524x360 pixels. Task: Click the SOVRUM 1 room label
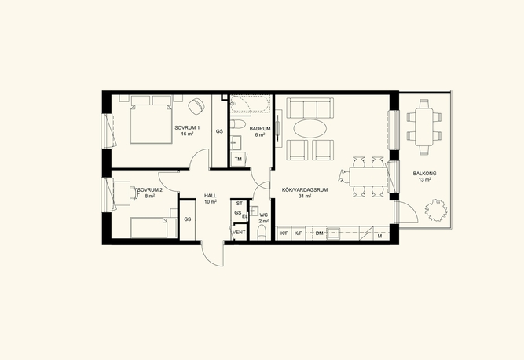pyautogui.click(x=187, y=127)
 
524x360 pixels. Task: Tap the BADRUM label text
pyautogui.click(x=260, y=129)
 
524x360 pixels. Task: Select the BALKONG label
pyautogui.click(x=424, y=174)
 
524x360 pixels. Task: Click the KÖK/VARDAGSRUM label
pyautogui.click(x=305, y=190)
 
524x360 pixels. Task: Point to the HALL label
pyautogui.click(x=211, y=196)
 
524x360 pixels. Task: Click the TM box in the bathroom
pyautogui.click(x=238, y=160)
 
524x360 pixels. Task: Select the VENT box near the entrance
pyautogui.click(x=239, y=233)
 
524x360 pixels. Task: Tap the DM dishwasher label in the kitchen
pyautogui.click(x=320, y=233)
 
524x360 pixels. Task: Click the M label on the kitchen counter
pyautogui.click(x=379, y=237)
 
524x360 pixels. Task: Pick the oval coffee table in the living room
pyautogui.click(x=310, y=128)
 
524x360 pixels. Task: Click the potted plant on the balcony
pyautogui.click(x=436, y=210)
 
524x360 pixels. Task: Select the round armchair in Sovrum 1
pyautogui.click(x=196, y=106)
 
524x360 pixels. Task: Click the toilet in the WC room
pyautogui.click(x=262, y=232)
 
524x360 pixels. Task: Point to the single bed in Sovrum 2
pyautogui.click(x=154, y=227)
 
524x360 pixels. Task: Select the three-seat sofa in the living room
pyautogui.click(x=310, y=108)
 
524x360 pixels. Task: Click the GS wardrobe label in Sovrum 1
pyautogui.click(x=219, y=131)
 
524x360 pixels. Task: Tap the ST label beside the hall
pyautogui.click(x=240, y=204)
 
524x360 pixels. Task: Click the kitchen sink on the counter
pyautogui.click(x=333, y=233)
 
